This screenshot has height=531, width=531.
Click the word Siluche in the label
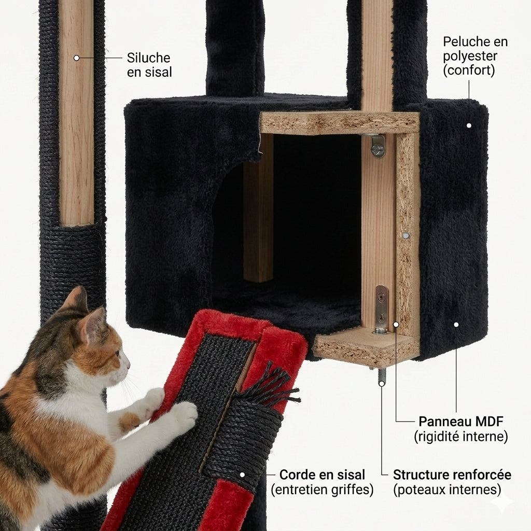[148, 58]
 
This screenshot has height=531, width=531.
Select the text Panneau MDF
[460, 421]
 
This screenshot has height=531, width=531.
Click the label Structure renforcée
[452, 474]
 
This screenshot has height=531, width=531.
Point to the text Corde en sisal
[322, 474]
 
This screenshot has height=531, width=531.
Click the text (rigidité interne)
[460, 437]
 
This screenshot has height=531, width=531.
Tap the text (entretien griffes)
[322, 490]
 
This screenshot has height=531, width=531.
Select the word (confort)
[468, 71]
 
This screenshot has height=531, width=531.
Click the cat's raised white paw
[183, 415]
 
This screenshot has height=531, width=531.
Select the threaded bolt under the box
[382, 376]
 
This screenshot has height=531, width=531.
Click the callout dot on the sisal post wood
[76, 58]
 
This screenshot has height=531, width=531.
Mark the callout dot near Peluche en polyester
[469, 125]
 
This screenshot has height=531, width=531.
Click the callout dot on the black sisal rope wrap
[242, 474]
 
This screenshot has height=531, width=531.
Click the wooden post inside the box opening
[258, 218]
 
